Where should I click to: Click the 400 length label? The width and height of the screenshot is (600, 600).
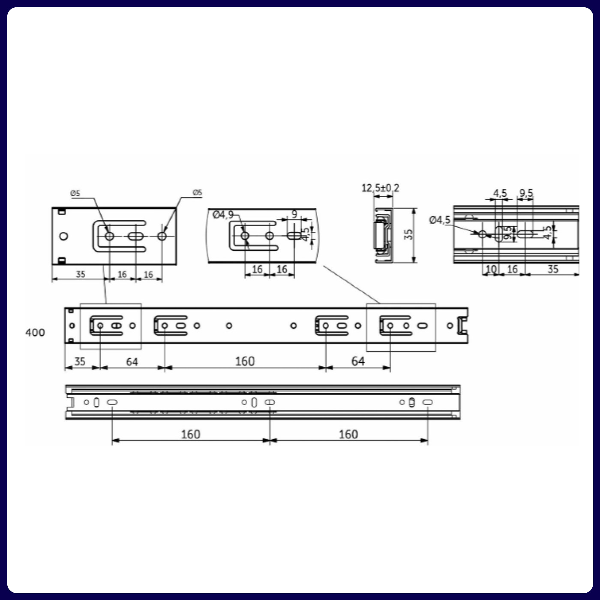point(35,333)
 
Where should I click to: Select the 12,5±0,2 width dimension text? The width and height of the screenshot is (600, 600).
point(380,188)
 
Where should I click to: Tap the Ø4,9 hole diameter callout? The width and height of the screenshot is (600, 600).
point(223,215)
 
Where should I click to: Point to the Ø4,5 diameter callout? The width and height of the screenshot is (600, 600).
point(440,220)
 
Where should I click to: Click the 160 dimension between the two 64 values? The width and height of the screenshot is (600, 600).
point(245,361)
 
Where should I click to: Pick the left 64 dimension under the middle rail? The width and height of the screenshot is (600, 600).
point(132,362)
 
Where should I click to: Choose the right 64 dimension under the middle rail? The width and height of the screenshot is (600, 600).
point(358,361)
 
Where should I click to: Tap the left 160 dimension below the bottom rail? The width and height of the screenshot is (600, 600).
point(190,434)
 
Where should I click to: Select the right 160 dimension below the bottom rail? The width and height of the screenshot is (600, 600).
point(348,434)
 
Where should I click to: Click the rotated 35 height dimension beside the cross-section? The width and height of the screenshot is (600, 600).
point(408,234)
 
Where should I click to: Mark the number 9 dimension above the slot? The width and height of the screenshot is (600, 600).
point(294,214)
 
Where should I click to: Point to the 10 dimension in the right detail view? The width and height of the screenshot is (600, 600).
point(491,270)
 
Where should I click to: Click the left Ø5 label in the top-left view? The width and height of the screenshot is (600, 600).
point(75,193)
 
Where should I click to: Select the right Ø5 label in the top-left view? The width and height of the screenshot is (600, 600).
point(197,192)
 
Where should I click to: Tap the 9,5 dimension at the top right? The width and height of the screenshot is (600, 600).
point(526,193)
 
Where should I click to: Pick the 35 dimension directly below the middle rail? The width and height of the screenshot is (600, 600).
point(80,361)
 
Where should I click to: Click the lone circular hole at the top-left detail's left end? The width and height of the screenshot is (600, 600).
point(63,236)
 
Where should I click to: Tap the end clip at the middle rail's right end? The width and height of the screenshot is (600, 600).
point(462,326)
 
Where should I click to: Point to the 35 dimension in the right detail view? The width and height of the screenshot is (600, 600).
point(553,270)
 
